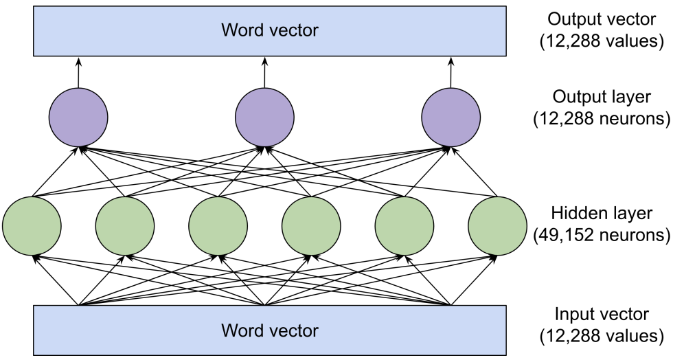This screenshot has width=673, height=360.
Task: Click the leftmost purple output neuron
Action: pyautogui.click(x=78, y=117)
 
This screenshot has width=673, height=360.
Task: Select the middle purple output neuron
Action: pyautogui.click(x=264, y=117)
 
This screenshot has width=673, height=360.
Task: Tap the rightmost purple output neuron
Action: pyautogui.click(x=450, y=117)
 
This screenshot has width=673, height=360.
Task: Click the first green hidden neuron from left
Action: pyautogui.click(x=32, y=225)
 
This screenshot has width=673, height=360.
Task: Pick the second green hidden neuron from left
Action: pyautogui.click(x=124, y=225)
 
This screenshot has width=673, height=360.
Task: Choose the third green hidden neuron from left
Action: pyautogui.click(x=218, y=225)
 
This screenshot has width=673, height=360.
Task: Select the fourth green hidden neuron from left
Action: pyautogui.click(x=311, y=225)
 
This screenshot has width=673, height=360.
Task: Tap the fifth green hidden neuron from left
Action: pyautogui.click(x=404, y=225)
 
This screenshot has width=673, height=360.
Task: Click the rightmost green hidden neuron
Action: pyautogui.click(x=497, y=225)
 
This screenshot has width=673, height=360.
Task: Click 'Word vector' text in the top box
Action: pyautogui.click(x=269, y=30)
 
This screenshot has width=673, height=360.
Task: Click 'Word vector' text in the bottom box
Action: pyautogui.click(x=269, y=330)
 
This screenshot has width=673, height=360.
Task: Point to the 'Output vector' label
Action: pyautogui.click(x=602, y=19)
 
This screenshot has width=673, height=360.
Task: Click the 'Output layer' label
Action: pyautogui.click(x=602, y=98)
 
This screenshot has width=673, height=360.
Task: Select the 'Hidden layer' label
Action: pyautogui.click(x=602, y=214)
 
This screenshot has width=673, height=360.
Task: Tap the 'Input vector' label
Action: pyautogui.click(x=602, y=315)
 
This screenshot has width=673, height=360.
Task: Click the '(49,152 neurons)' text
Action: pyautogui.click(x=602, y=236)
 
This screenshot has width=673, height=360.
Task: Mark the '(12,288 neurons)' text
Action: pyautogui.click(x=602, y=119)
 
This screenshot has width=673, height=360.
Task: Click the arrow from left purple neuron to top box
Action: pyautogui.click(x=78, y=72)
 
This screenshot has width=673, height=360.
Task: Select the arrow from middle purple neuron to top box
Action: pyautogui.click(x=264, y=72)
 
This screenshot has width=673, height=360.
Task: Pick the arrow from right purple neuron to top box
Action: pyautogui.click(x=450, y=72)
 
